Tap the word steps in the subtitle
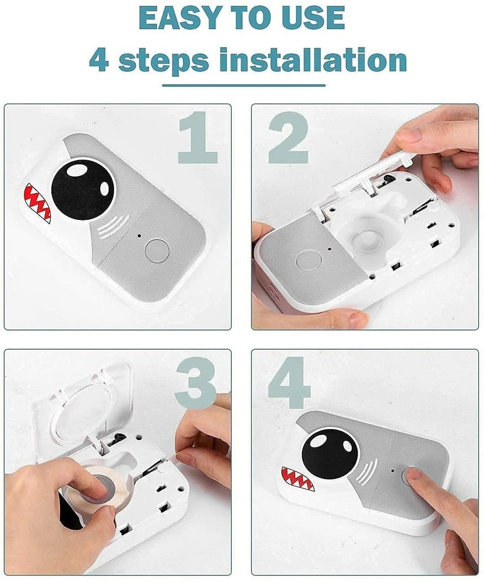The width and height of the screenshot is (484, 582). tap(164, 60)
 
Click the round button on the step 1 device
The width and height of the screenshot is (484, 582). tap(157, 251)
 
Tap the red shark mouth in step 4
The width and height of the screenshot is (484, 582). tap(298, 477)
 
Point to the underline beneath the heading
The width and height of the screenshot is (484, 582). tap(243, 85)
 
